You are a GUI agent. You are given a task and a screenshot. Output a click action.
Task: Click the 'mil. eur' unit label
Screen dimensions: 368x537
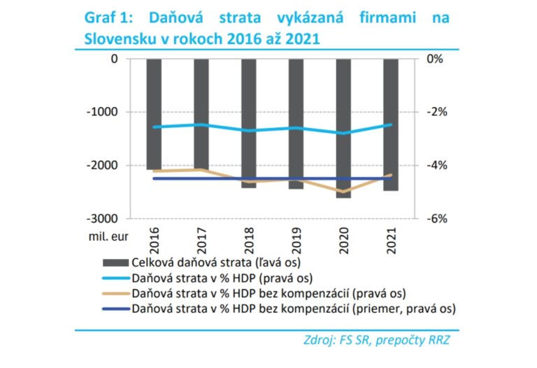tap(109, 236)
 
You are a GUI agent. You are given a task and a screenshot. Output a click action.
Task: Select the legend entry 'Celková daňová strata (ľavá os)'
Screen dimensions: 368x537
tap(217, 262)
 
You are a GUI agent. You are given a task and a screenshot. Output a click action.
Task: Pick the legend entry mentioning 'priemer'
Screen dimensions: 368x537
tap(294, 308)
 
